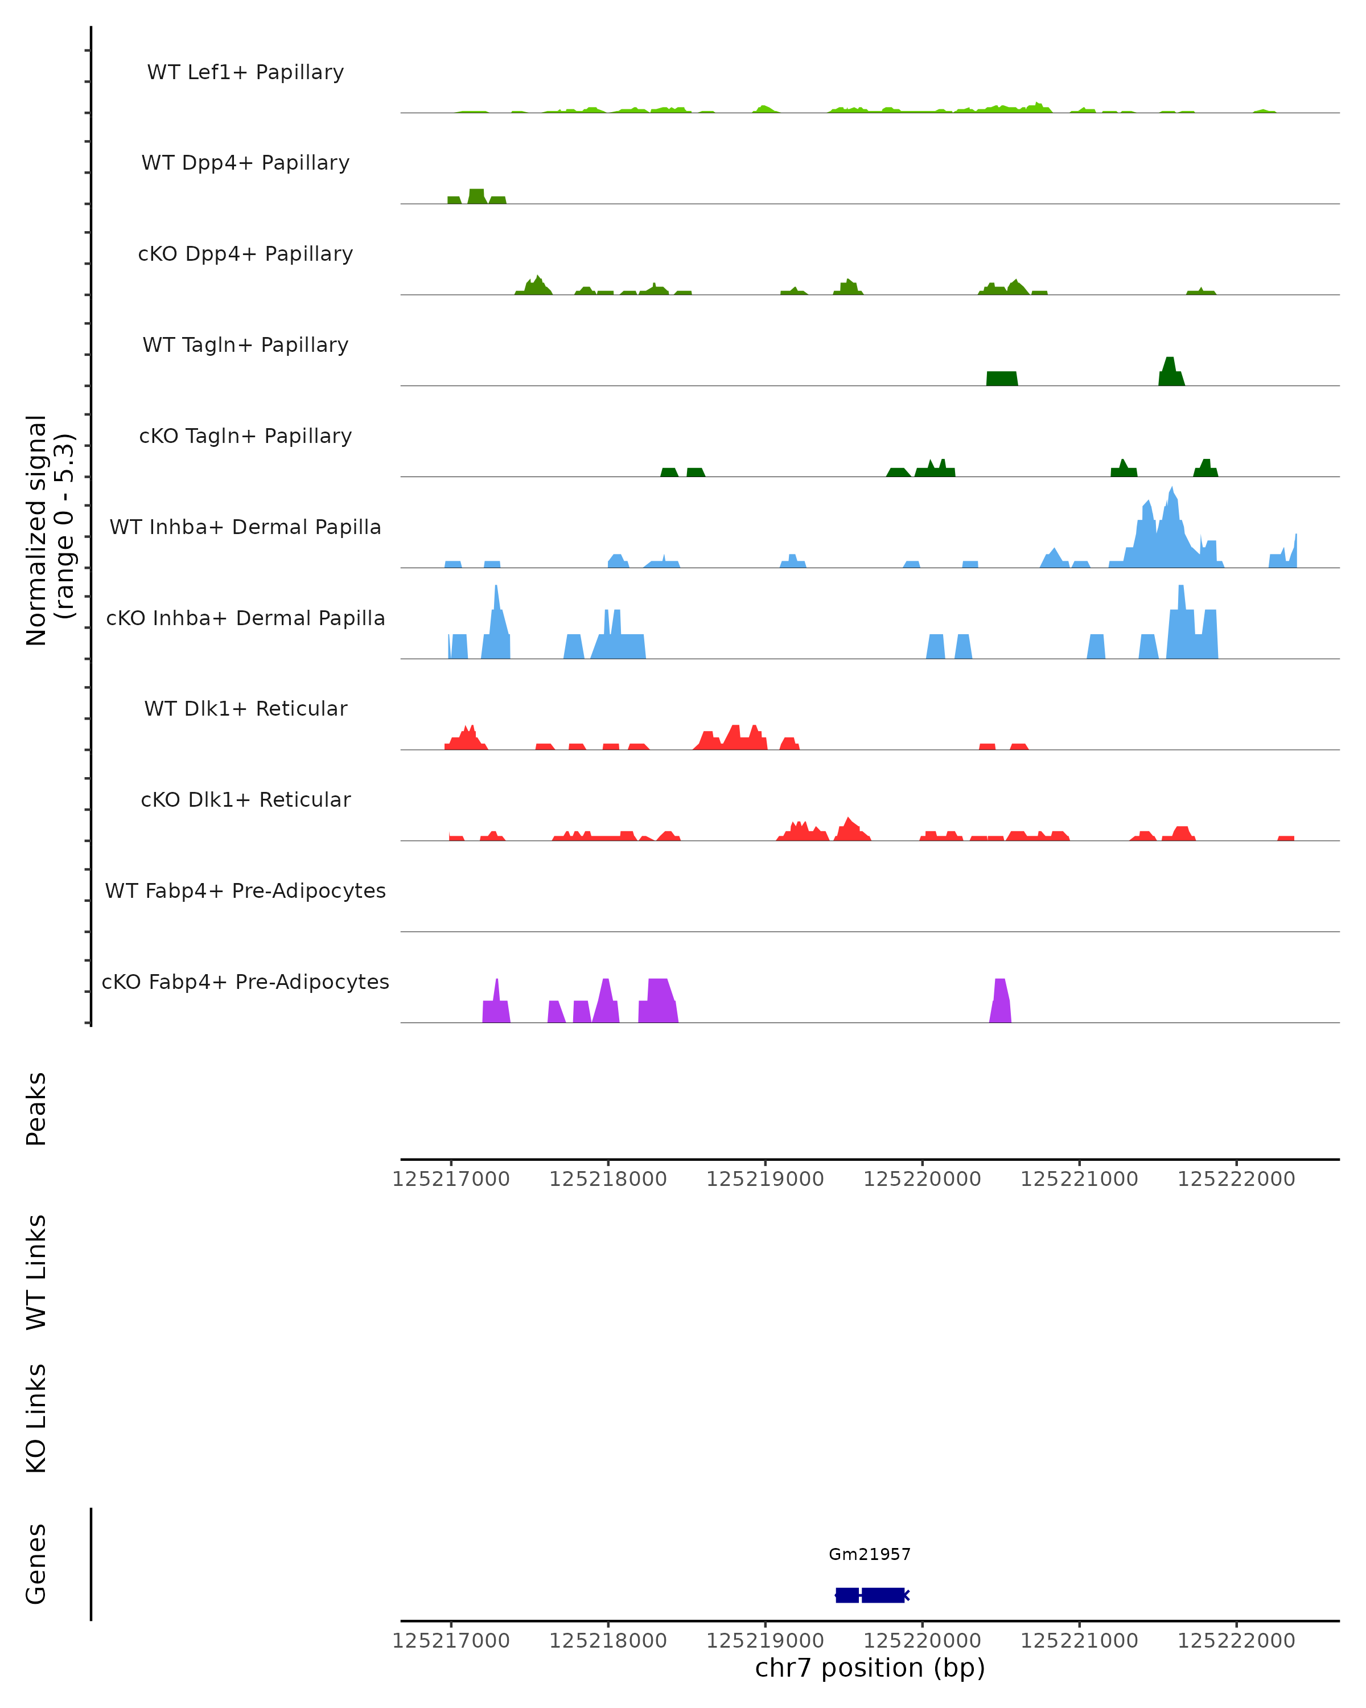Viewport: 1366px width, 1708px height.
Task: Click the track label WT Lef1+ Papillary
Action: click(x=245, y=72)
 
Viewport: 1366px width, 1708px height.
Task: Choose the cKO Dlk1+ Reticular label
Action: click(x=245, y=799)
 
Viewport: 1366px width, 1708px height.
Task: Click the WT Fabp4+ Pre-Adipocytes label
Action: click(x=245, y=890)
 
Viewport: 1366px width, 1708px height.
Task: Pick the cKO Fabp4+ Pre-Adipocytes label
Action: click(x=245, y=982)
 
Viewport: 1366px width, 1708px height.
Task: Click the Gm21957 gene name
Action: click(x=870, y=1554)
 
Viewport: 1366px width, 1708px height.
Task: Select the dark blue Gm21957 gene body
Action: click(x=871, y=1595)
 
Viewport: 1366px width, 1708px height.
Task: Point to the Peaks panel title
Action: click(x=36, y=1108)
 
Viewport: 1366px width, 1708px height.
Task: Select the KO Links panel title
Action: click(x=36, y=1418)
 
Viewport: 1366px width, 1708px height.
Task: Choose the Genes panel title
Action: click(x=36, y=1564)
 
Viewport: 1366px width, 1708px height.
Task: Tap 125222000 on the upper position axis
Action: click(x=1236, y=1179)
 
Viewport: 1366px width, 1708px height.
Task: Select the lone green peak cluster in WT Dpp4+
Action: click(x=476, y=196)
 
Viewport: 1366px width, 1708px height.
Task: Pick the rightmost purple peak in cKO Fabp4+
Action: click(x=1000, y=1002)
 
